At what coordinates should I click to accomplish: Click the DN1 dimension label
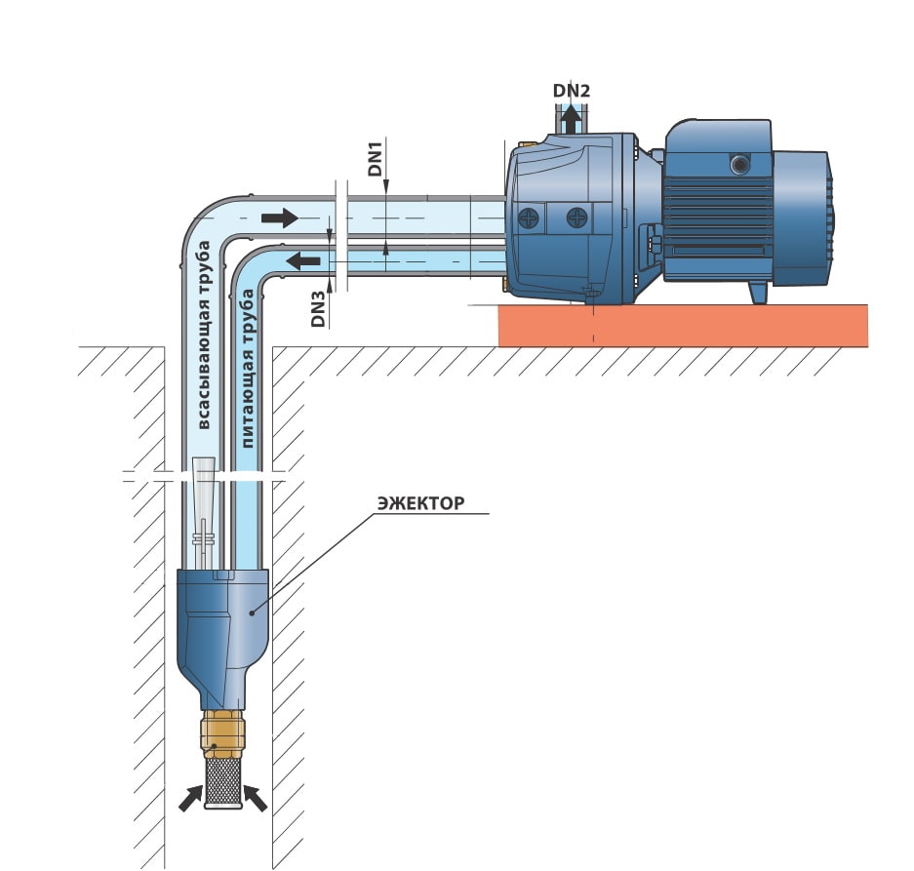pyautogui.click(x=375, y=158)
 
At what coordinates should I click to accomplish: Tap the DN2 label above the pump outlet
pyautogui.click(x=572, y=91)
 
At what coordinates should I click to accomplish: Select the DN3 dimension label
pyautogui.click(x=318, y=309)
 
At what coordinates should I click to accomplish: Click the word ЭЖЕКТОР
pyautogui.click(x=420, y=502)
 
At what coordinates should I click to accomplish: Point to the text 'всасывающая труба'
pyautogui.click(x=203, y=336)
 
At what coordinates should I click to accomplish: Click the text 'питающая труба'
pyautogui.click(x=247, y=369)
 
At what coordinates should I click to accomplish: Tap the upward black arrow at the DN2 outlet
pyautogui.click(x=571, y=120)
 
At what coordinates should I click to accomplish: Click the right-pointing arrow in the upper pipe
pyautogui.click(x=280, y=218)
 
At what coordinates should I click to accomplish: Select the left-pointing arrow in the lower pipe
pyautogui.click(x=303, y=260)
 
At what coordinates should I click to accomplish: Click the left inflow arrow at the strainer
pyautogui.click(x=190, y=798)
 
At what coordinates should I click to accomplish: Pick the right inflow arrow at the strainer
pyautogui.click(x=256, y=798)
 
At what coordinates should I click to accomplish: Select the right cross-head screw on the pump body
pyautogui.click(x=577, y=218)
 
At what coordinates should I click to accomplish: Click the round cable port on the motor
pyautogui.click(x=739, y=165)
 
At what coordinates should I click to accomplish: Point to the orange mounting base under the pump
pyautogui.click(x=683, y=326)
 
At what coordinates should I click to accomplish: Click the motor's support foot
pyautogui.click(x=758, y=292)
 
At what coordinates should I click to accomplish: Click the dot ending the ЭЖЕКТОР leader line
pyautogui.click(x=252, y=613)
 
